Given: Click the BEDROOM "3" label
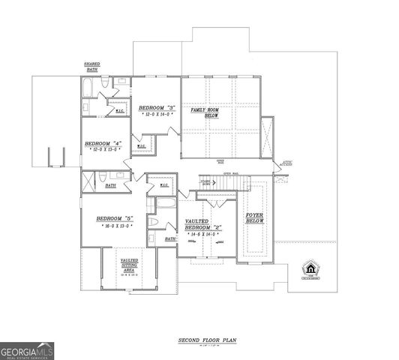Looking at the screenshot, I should [x=156, y=108].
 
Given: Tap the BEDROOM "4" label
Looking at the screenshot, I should [x=102, y=143].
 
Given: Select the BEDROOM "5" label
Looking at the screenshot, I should [x=114, y=219].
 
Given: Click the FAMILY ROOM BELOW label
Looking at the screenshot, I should [x=204, y=113].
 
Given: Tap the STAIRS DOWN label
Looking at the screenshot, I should [x=204, y=182].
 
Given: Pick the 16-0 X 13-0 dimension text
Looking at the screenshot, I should [x=114, y=226].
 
